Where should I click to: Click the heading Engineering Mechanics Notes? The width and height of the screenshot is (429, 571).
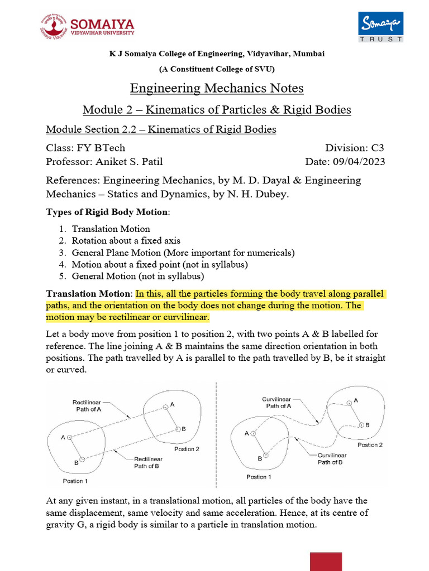[x=217, y=88]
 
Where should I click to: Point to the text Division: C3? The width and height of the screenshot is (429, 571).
[x=355, y=148]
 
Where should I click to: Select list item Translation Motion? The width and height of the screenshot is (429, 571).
[x=111, y=229]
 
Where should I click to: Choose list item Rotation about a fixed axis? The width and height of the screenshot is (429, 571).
[x=126, y=241]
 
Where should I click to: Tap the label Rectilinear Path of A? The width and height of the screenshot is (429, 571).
[x=87, y=405]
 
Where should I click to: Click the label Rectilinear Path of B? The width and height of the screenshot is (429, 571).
[x=147, y=462]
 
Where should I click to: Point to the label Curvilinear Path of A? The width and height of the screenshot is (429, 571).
[x=278, y=403]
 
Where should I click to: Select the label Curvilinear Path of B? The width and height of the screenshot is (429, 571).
[x=331, y=458]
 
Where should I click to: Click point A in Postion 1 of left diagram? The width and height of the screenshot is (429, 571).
[x=70, y=438]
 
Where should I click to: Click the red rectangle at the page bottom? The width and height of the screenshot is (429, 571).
[x=326, y=562]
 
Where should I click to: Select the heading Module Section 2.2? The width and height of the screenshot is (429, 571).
[x=161, y=129]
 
